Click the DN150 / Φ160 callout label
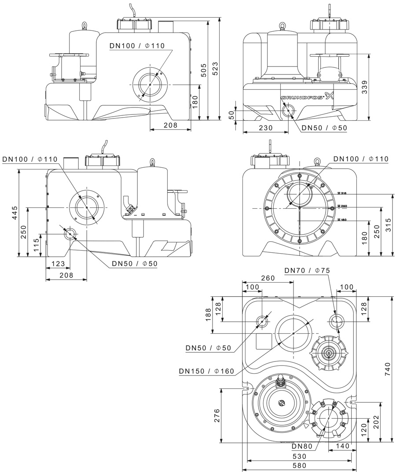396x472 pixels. [206, 371]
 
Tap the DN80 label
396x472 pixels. [301, 446]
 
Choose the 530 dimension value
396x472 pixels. [299, 457]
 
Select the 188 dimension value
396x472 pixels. [208, 315]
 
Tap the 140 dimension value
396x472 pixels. [342, 446]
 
